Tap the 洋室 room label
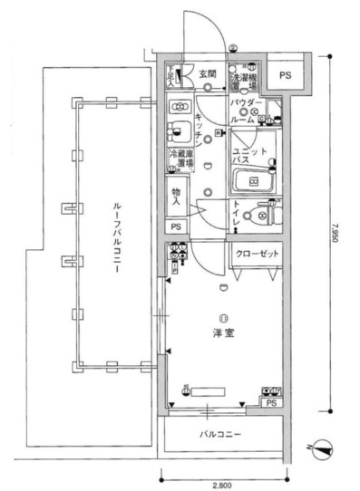pos(222,332)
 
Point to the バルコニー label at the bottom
pos(220,435)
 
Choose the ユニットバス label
pos(247,155)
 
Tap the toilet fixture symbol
pos(266,214)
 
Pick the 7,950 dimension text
pos(336,237)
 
